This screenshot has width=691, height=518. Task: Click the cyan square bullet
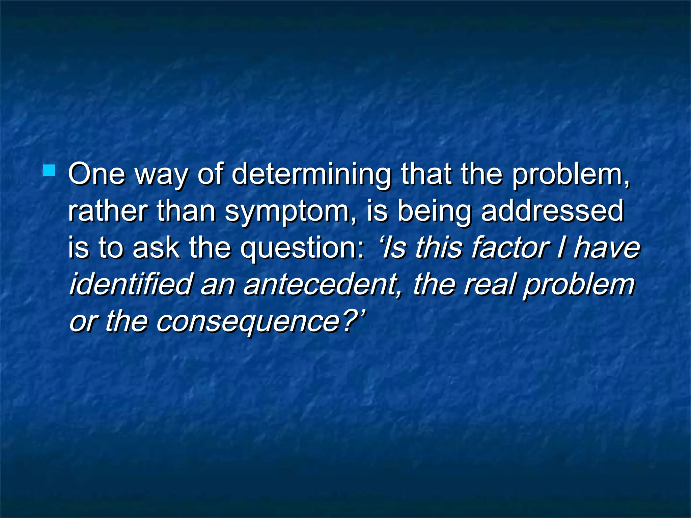click(49, 170)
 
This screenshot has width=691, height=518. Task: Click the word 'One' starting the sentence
click(96, 174)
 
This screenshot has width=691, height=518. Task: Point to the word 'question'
click(302, 249)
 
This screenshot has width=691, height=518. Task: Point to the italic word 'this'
click(438, 248)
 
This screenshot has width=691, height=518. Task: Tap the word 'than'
click(186, 211)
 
